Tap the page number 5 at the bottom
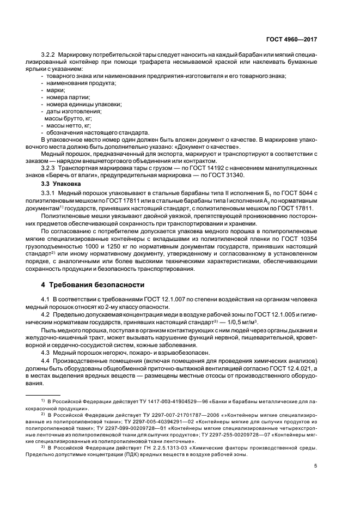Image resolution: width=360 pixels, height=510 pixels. (315, 465)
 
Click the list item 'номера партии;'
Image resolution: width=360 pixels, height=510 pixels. (68, 97)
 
